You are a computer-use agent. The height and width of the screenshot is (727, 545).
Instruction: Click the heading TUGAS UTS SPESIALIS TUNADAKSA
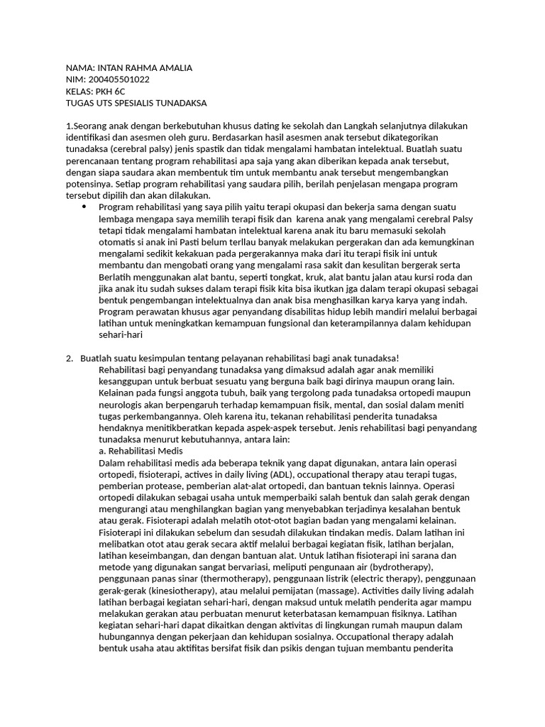pyautogui.click(x=136, y=103)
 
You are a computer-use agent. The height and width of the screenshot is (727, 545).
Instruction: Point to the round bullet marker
pyautogui.click(x=84, y=207)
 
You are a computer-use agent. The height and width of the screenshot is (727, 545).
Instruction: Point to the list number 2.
pyautogui.click(x=69, y=358)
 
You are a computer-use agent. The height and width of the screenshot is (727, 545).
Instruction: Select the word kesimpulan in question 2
pyautogui.click(x=163, y=358)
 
